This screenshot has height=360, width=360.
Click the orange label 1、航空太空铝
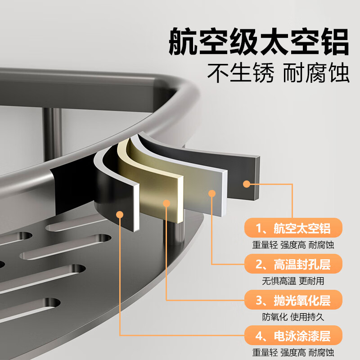293,228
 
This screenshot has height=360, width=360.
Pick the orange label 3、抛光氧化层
293,300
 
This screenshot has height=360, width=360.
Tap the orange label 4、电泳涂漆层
293,336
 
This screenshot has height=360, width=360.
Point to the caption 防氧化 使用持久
293,317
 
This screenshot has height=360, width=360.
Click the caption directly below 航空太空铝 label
293,245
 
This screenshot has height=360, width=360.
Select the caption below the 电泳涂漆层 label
293,352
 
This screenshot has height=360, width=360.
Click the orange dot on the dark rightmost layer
246,184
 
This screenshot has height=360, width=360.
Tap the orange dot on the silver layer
211,193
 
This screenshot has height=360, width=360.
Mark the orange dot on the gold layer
166,203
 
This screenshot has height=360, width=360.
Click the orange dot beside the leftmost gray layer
120,214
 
